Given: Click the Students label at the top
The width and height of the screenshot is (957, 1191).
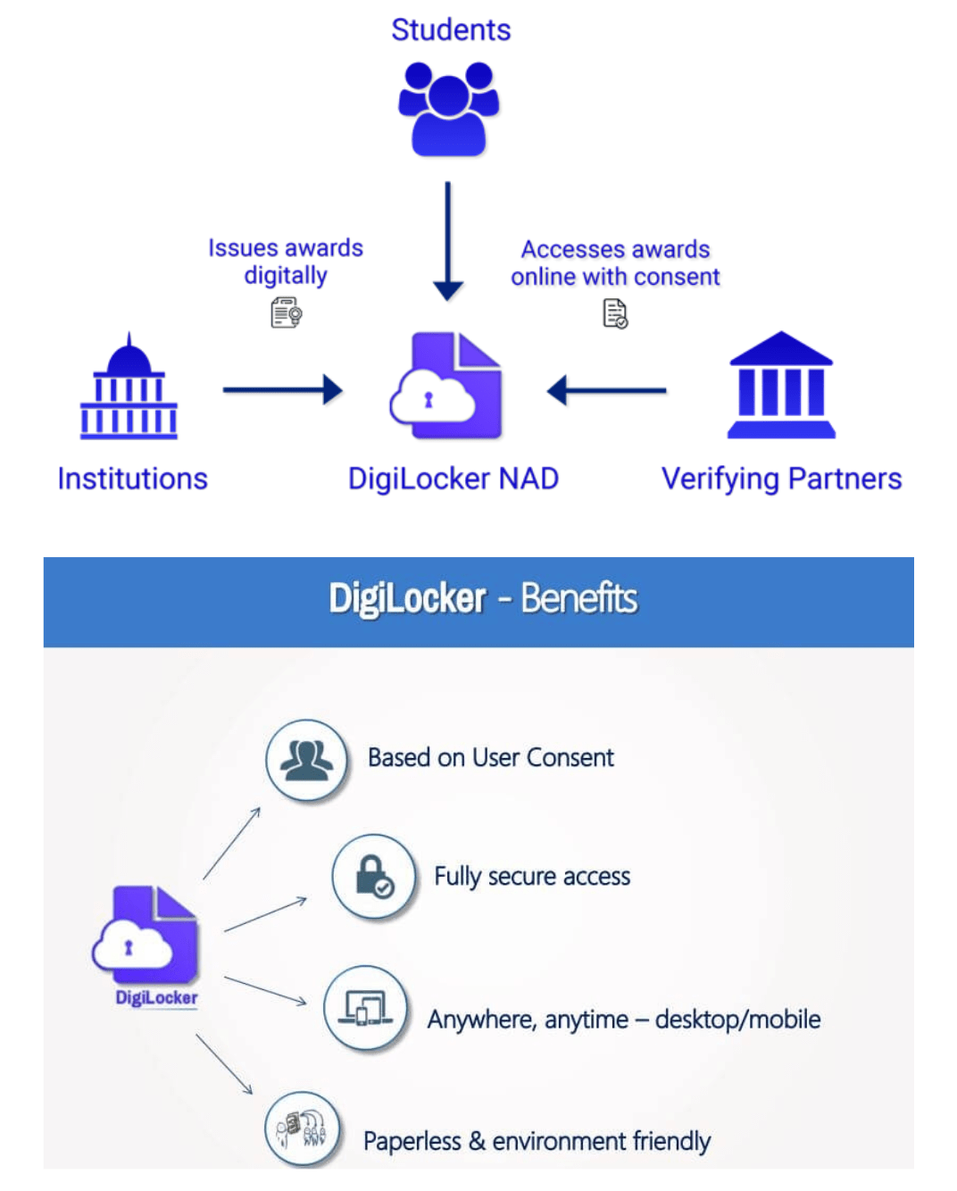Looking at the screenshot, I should point(451,30).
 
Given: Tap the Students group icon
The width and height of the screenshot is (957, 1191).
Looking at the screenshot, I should point(448,108).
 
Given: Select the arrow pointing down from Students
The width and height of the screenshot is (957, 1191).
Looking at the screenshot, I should point(448,241).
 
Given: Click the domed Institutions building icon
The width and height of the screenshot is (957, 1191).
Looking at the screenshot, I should point(129,387).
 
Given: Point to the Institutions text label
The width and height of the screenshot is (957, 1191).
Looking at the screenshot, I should point(132,479).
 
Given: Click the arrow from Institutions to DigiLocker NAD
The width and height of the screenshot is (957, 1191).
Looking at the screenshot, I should point(282,389).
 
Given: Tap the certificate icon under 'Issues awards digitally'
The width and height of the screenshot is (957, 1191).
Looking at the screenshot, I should point(287,313).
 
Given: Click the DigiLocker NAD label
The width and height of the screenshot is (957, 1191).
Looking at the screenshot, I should point(453,479).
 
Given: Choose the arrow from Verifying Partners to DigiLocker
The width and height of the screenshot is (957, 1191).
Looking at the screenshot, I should point(607,390).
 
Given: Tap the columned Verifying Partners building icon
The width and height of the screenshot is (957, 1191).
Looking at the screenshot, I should point(781,385).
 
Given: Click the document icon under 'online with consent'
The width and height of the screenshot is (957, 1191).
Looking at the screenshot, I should point(615,313).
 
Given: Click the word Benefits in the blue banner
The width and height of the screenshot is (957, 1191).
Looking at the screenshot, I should point(578,599).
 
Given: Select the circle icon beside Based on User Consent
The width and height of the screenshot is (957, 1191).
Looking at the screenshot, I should point(307,760).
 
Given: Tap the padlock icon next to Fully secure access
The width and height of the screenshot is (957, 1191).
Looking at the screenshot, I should point(373,876).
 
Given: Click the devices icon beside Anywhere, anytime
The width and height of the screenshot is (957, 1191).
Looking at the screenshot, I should point(365,1009).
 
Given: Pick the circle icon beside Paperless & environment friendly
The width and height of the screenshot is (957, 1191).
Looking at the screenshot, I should point(303,1129).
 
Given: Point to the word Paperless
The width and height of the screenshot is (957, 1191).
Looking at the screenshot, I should point(412,1142).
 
